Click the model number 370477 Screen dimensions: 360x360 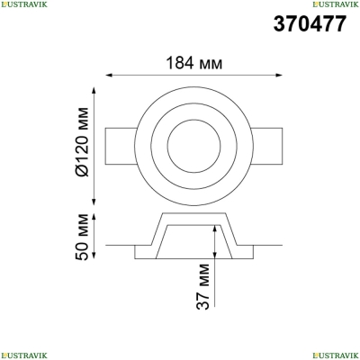310,24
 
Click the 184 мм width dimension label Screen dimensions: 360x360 194,63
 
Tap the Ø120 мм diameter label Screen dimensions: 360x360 82,142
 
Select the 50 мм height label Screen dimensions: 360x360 82,237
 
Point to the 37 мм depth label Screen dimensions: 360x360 202,286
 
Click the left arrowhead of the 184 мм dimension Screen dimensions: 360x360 109,75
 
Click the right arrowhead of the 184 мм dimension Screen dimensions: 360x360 279,75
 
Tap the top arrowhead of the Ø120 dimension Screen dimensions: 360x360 94,91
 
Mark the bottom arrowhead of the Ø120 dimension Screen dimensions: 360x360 94,202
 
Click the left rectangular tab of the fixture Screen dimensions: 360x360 121,147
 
